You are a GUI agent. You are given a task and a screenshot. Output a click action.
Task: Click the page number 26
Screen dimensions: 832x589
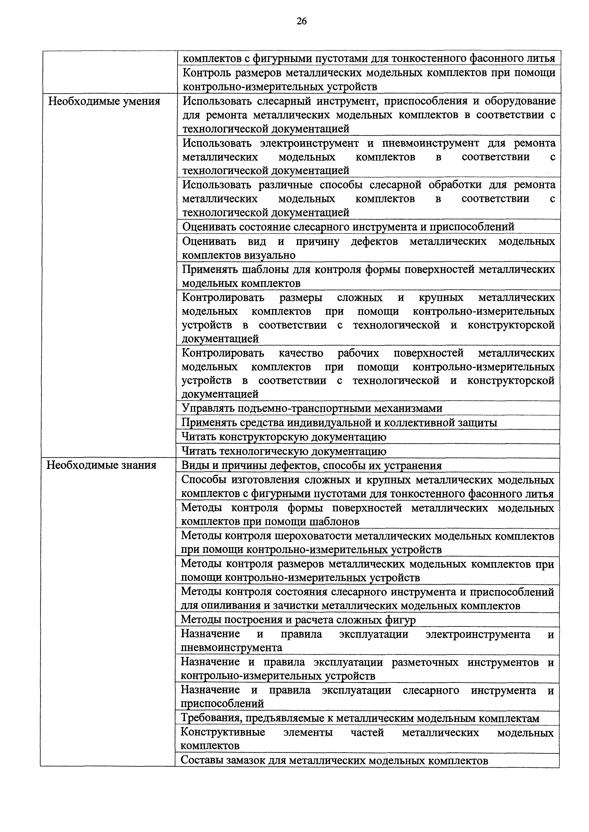301,21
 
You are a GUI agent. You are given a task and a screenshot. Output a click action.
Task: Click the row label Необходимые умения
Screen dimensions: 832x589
104,101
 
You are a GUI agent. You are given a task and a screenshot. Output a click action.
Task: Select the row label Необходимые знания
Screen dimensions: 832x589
102,465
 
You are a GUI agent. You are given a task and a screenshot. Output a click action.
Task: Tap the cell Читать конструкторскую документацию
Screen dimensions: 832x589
284,437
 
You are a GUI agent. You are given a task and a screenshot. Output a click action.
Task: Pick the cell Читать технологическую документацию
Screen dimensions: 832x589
284,452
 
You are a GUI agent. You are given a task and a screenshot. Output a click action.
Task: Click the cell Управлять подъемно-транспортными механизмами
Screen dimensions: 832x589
312,408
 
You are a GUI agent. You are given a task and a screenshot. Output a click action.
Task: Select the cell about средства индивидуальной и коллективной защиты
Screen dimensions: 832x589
339,423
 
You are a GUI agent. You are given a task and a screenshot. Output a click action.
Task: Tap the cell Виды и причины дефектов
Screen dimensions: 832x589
311,466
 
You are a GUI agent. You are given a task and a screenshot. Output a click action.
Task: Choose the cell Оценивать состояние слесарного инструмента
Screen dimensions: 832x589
348,227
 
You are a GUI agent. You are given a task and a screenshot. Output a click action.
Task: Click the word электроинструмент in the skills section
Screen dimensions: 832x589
309,143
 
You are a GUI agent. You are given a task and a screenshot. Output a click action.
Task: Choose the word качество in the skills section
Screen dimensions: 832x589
301,353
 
